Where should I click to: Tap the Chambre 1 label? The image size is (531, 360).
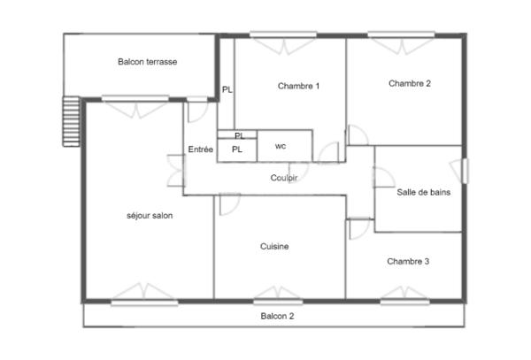point(298,86)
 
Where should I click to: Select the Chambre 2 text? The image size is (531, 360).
point(410,84)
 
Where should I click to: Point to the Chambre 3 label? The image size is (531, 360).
point(408,262)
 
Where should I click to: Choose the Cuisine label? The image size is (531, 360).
point(274,246)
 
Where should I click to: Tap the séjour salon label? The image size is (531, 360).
point(150,215)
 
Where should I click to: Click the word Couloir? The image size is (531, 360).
point(284,178)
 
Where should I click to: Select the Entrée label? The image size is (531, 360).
point(201,149)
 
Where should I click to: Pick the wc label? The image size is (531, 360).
point(281,146)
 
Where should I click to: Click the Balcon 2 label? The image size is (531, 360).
point(277,316)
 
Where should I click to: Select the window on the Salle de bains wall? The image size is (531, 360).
point(466,170)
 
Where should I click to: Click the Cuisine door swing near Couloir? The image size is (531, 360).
point(228,203)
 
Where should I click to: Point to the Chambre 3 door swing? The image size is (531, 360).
point(358,228)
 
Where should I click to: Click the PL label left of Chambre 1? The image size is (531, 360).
point(227,89)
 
